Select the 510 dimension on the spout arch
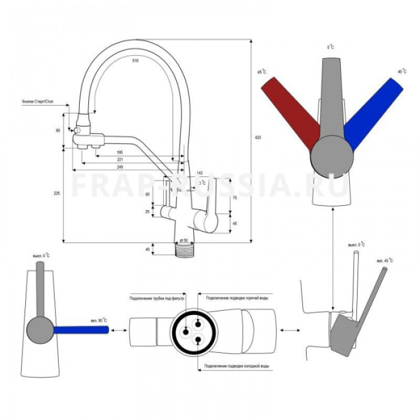135,61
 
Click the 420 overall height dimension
257,138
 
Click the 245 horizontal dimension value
120,166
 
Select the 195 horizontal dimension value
120,152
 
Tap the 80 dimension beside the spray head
58,129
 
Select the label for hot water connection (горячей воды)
239,298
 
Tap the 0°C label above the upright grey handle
331,47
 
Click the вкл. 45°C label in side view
384,261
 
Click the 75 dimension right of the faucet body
234,198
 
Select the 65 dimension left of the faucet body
148,195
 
